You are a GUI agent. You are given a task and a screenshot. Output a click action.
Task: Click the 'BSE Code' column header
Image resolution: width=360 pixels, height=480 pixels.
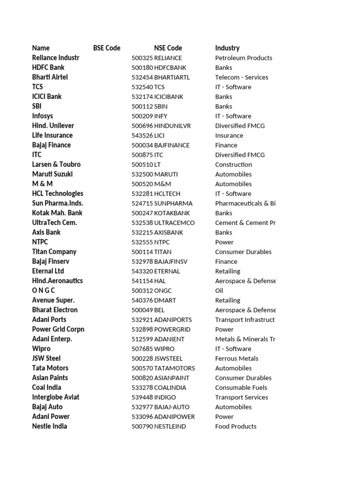tap(106, 48)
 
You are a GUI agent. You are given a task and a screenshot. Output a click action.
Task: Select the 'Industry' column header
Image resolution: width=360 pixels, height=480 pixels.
tap(227, 48)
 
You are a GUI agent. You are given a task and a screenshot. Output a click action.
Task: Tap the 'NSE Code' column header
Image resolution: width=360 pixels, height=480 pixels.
tap(168, 48)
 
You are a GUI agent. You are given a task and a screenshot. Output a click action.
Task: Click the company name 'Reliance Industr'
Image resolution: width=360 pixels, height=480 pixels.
tap(56, 58)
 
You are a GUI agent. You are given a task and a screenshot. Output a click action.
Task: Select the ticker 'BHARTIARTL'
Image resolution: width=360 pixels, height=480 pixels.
tap(172, 77)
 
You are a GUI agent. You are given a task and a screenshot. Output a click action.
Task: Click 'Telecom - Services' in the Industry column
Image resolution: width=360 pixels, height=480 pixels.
tap(241, 77)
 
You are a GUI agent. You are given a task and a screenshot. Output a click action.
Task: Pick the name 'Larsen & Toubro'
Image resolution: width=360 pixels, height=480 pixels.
tap(56, 165)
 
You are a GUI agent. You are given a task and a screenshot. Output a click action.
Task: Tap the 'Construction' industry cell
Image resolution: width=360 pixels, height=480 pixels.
tap(233, 165)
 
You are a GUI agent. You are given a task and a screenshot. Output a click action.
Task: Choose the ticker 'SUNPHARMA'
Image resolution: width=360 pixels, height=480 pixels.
tap(173, 203)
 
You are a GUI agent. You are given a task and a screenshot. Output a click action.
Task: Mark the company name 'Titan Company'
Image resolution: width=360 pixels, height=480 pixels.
tap(54, 252)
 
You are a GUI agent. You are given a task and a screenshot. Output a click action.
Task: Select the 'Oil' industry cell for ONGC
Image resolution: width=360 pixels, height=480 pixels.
tap(219, 291)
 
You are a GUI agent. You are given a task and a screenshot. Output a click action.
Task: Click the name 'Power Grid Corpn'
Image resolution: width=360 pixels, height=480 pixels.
tap(58, 329)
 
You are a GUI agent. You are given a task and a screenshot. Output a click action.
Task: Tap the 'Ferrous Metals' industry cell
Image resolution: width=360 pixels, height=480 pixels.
tap(237, 359)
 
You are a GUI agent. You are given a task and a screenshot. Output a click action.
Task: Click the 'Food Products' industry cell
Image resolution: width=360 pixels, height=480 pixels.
tap(236, 426)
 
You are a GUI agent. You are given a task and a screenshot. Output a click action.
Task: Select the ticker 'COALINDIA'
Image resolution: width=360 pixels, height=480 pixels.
tap(170, 388)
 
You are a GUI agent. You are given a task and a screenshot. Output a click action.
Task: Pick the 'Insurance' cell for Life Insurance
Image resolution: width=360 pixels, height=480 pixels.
tap(229, 135)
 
